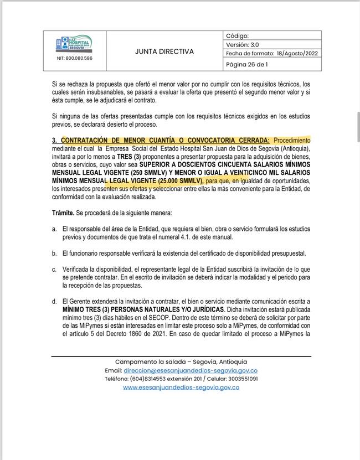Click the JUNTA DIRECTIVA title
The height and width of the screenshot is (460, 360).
[164, 51]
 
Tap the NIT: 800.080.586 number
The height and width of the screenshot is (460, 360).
[75, 58]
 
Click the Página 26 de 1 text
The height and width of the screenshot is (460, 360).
[247, 64]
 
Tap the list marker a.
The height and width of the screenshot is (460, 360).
[54, 229]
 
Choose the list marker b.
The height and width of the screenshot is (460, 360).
[54, 253]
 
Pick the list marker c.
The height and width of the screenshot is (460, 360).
[54, 269]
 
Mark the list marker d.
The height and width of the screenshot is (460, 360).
[54, 301]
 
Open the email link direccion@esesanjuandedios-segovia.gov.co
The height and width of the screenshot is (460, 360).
[191, 370]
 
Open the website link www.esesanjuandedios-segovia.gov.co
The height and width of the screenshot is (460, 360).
[181, 387]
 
